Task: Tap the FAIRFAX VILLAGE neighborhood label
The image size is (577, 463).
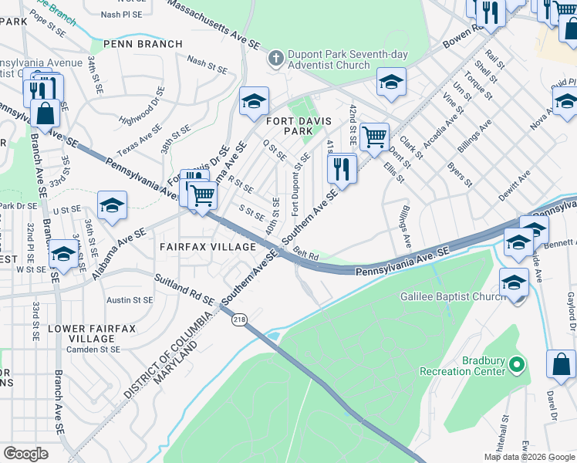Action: [x=207, y=246]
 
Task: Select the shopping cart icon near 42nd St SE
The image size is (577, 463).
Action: [x=374, y=137]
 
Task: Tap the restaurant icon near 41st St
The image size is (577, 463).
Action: [x=342, y=168]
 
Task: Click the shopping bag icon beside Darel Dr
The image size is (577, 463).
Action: [x=561, y=365]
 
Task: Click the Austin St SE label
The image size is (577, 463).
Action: [x=130, y=299]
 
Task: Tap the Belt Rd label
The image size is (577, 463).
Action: [x=305, y=255]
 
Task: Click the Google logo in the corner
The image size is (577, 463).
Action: [x=25, y=453]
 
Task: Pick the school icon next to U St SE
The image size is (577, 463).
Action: [x=112, y=206]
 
